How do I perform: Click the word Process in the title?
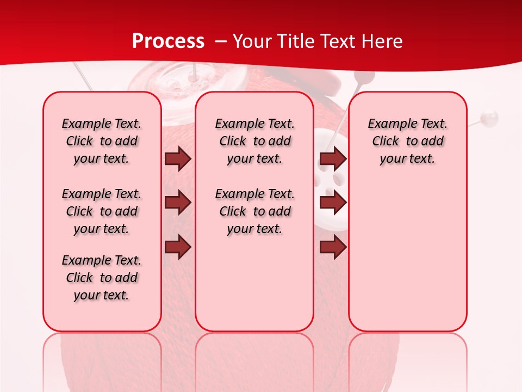[168, 41]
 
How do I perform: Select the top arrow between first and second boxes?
[178, 158]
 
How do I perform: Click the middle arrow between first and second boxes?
[178, 203]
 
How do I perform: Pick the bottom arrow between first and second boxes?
[178, 247]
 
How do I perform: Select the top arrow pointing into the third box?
[333, 158]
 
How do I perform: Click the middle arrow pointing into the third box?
[333, 203]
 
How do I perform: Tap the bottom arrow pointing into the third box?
[333, 247]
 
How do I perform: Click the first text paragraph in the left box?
[102, 141]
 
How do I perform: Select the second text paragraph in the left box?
[102, 211]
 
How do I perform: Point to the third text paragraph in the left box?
[102, 278]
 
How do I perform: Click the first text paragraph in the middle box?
[254, 141]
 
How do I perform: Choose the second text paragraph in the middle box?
[254, 211]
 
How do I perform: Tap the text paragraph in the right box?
[408, 141]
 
